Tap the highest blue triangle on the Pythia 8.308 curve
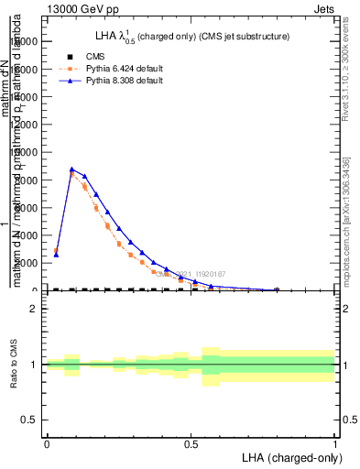[71, 169]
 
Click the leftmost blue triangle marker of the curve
[56, 255]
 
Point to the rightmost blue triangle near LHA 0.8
[277, 289]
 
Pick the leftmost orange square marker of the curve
[56, 250]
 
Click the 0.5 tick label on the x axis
[191, 444]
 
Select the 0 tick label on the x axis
[46, 444]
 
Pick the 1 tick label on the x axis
[334, 444]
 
